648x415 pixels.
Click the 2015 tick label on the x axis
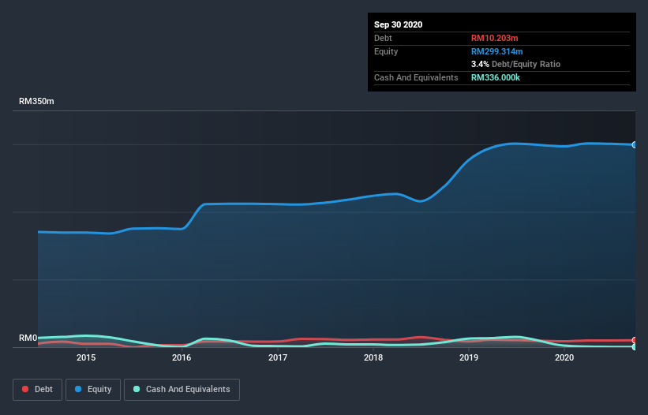[86, 357]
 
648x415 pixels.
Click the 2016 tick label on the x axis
[182, 357]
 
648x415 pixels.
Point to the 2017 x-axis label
[278, 357]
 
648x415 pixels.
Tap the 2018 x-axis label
[373, 357]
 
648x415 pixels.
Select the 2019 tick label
[469, 357]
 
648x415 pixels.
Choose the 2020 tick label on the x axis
[564, 357]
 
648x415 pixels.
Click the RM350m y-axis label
[37, 102]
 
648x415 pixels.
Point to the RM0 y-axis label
[28, 338]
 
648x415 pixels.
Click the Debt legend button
[38, 389]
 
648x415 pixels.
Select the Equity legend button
[92, 389]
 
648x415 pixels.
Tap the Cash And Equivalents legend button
[182, 389]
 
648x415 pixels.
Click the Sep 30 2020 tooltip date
[398, 24]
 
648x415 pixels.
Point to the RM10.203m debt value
[495, 38]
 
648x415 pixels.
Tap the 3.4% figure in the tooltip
[479, 64]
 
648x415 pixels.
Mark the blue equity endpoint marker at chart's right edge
[634, 145]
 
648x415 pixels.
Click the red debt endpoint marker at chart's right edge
[634, 340]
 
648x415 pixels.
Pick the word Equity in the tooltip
[386, 51]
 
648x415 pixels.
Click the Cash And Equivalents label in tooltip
[416, 77]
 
